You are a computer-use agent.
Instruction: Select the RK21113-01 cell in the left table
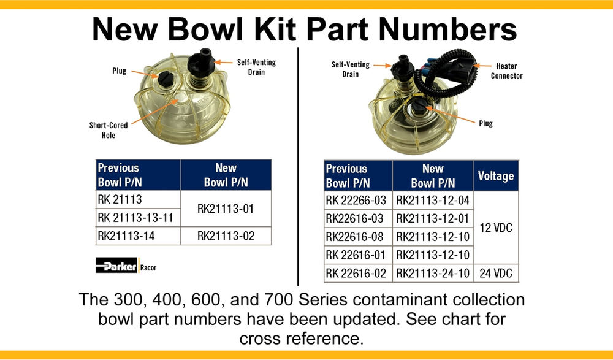[x=226, y=209]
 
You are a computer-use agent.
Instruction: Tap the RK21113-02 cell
[x=226, y=236]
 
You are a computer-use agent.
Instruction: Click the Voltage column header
[x=495, y=176]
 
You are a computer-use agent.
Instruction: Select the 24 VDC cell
[x=495, y=273]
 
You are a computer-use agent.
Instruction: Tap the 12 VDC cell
[x=495, y=228]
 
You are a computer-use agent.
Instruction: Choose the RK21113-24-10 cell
[x=432, y=273]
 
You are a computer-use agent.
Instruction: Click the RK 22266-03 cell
[x=357, y=200]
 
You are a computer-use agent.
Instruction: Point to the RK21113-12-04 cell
[x=432, y=200]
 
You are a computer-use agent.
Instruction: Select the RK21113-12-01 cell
[x=432, y=218]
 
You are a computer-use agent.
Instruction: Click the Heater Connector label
[x=506, y=71]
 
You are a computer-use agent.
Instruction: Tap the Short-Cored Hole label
[x=109, y=130]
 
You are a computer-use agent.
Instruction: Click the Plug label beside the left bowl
[x=120, y=71]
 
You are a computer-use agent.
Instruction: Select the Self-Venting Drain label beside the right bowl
[x=347, y=69]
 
